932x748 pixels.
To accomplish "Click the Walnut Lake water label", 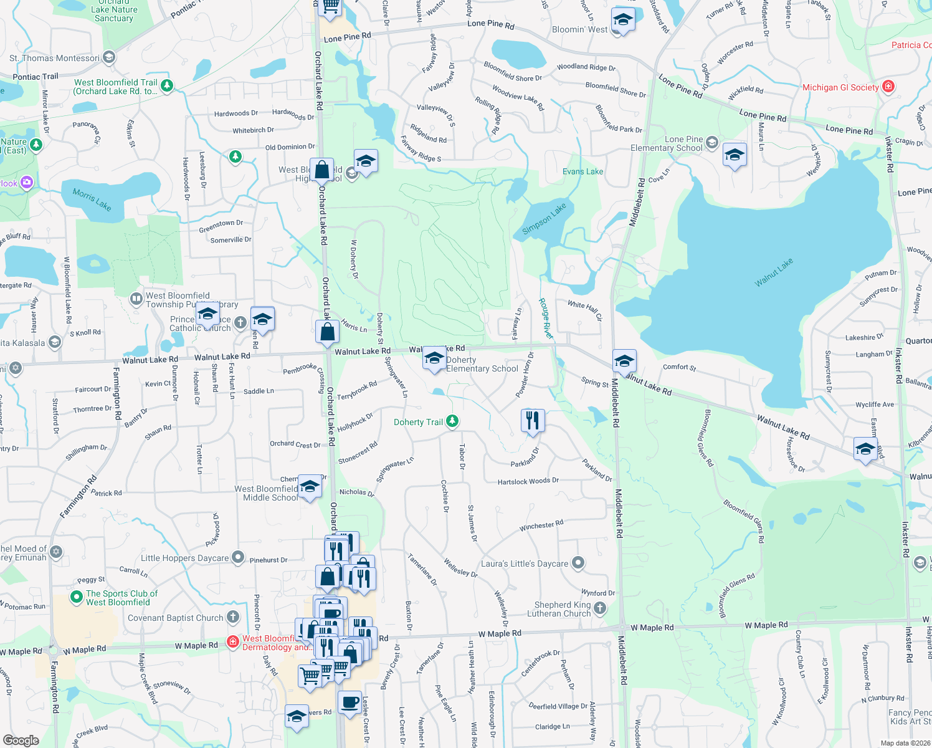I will (x=774, y=272).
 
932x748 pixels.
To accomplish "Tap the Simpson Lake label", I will (x=544, y=219).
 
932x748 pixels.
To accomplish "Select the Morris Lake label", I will (x=92, y=199).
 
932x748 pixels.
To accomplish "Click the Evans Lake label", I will (x=582, y=171).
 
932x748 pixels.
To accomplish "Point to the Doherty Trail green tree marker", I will (x=453, y=422).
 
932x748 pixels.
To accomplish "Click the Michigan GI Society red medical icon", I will (x=889, y=87).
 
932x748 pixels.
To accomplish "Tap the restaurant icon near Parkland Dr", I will (x=531, y=421).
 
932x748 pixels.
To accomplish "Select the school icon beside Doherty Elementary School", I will (x=434, y=358).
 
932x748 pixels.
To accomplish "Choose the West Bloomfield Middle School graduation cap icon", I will (x=309, y=487).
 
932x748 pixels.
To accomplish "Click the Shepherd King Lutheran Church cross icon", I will (x=600, y=608).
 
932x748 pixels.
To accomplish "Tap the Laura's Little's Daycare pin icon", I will (x=578, y=563).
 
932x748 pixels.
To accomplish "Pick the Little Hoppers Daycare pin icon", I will (x=238, y=557).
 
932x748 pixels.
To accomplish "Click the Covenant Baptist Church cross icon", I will (x=233, y=617).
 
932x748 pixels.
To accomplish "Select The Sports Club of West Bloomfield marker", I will (x=77, y=598).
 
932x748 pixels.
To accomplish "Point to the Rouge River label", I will (x=546, y=319).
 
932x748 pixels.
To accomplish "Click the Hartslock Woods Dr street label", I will (x=528, y=481).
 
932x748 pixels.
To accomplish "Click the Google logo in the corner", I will (x=21, y=741).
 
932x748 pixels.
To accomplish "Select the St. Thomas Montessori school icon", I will (x=109, y=58).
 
